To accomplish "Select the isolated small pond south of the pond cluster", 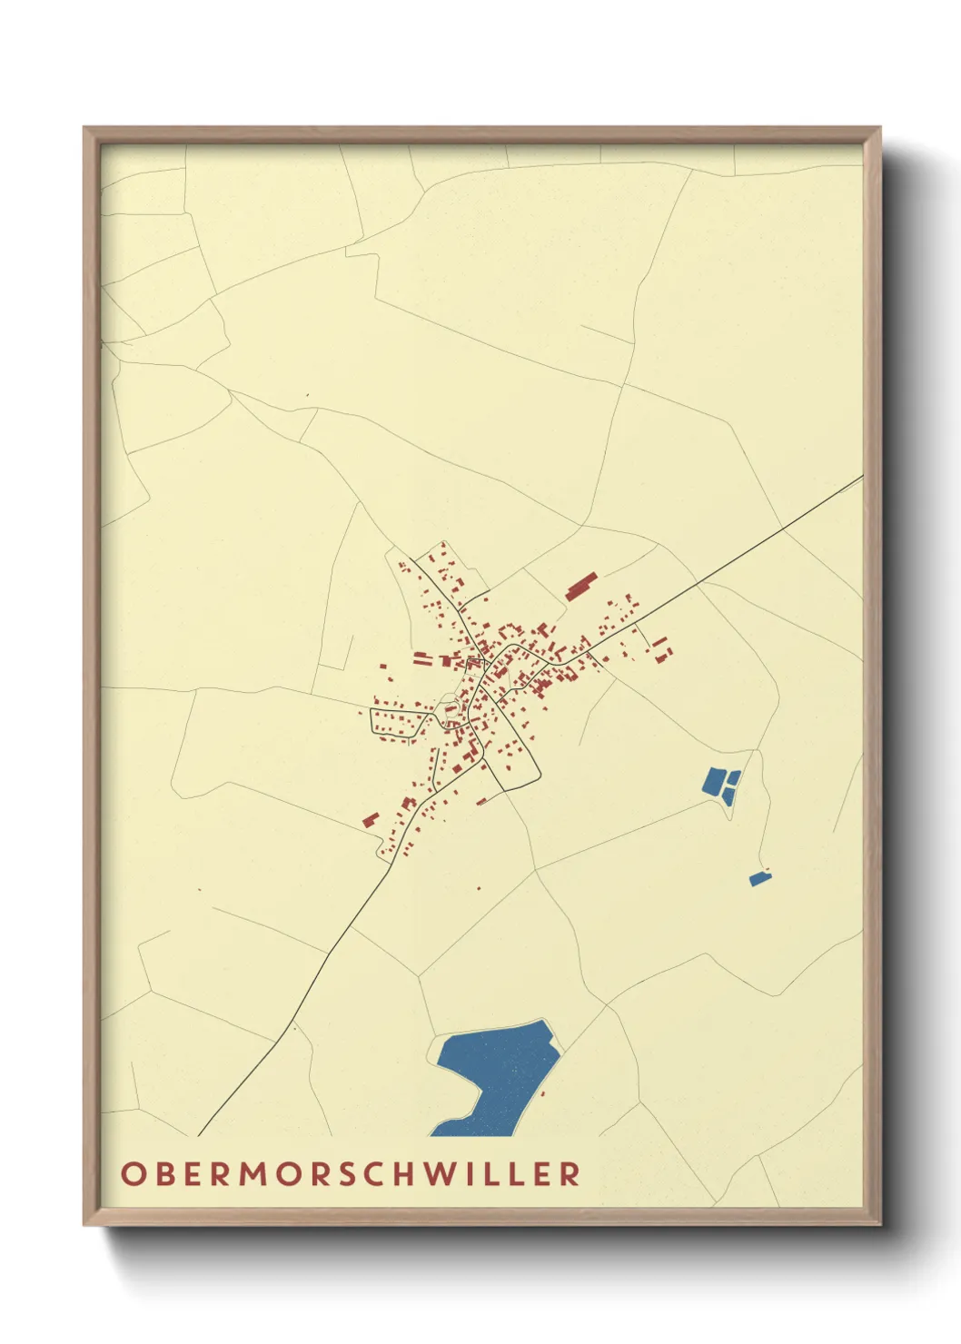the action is point(758,878).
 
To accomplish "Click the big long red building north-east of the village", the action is point(581,586).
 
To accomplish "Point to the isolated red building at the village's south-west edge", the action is point(370,819).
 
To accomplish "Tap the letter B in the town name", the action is point(159,1173).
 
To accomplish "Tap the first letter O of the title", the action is point(131,1173).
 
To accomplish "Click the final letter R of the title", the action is point(570,1173).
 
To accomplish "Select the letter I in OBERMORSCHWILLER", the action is point(470,1173).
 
